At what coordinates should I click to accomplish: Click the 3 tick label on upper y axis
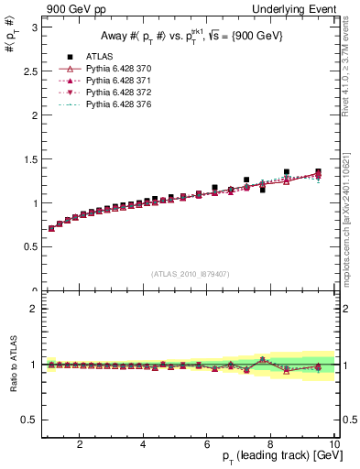[33, 27]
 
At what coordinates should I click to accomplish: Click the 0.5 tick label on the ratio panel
[28, 420]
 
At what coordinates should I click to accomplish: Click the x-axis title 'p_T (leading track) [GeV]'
[275, 456]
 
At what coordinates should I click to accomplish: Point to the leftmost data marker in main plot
[51, 228]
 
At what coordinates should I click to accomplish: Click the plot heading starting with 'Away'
[185, 37]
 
